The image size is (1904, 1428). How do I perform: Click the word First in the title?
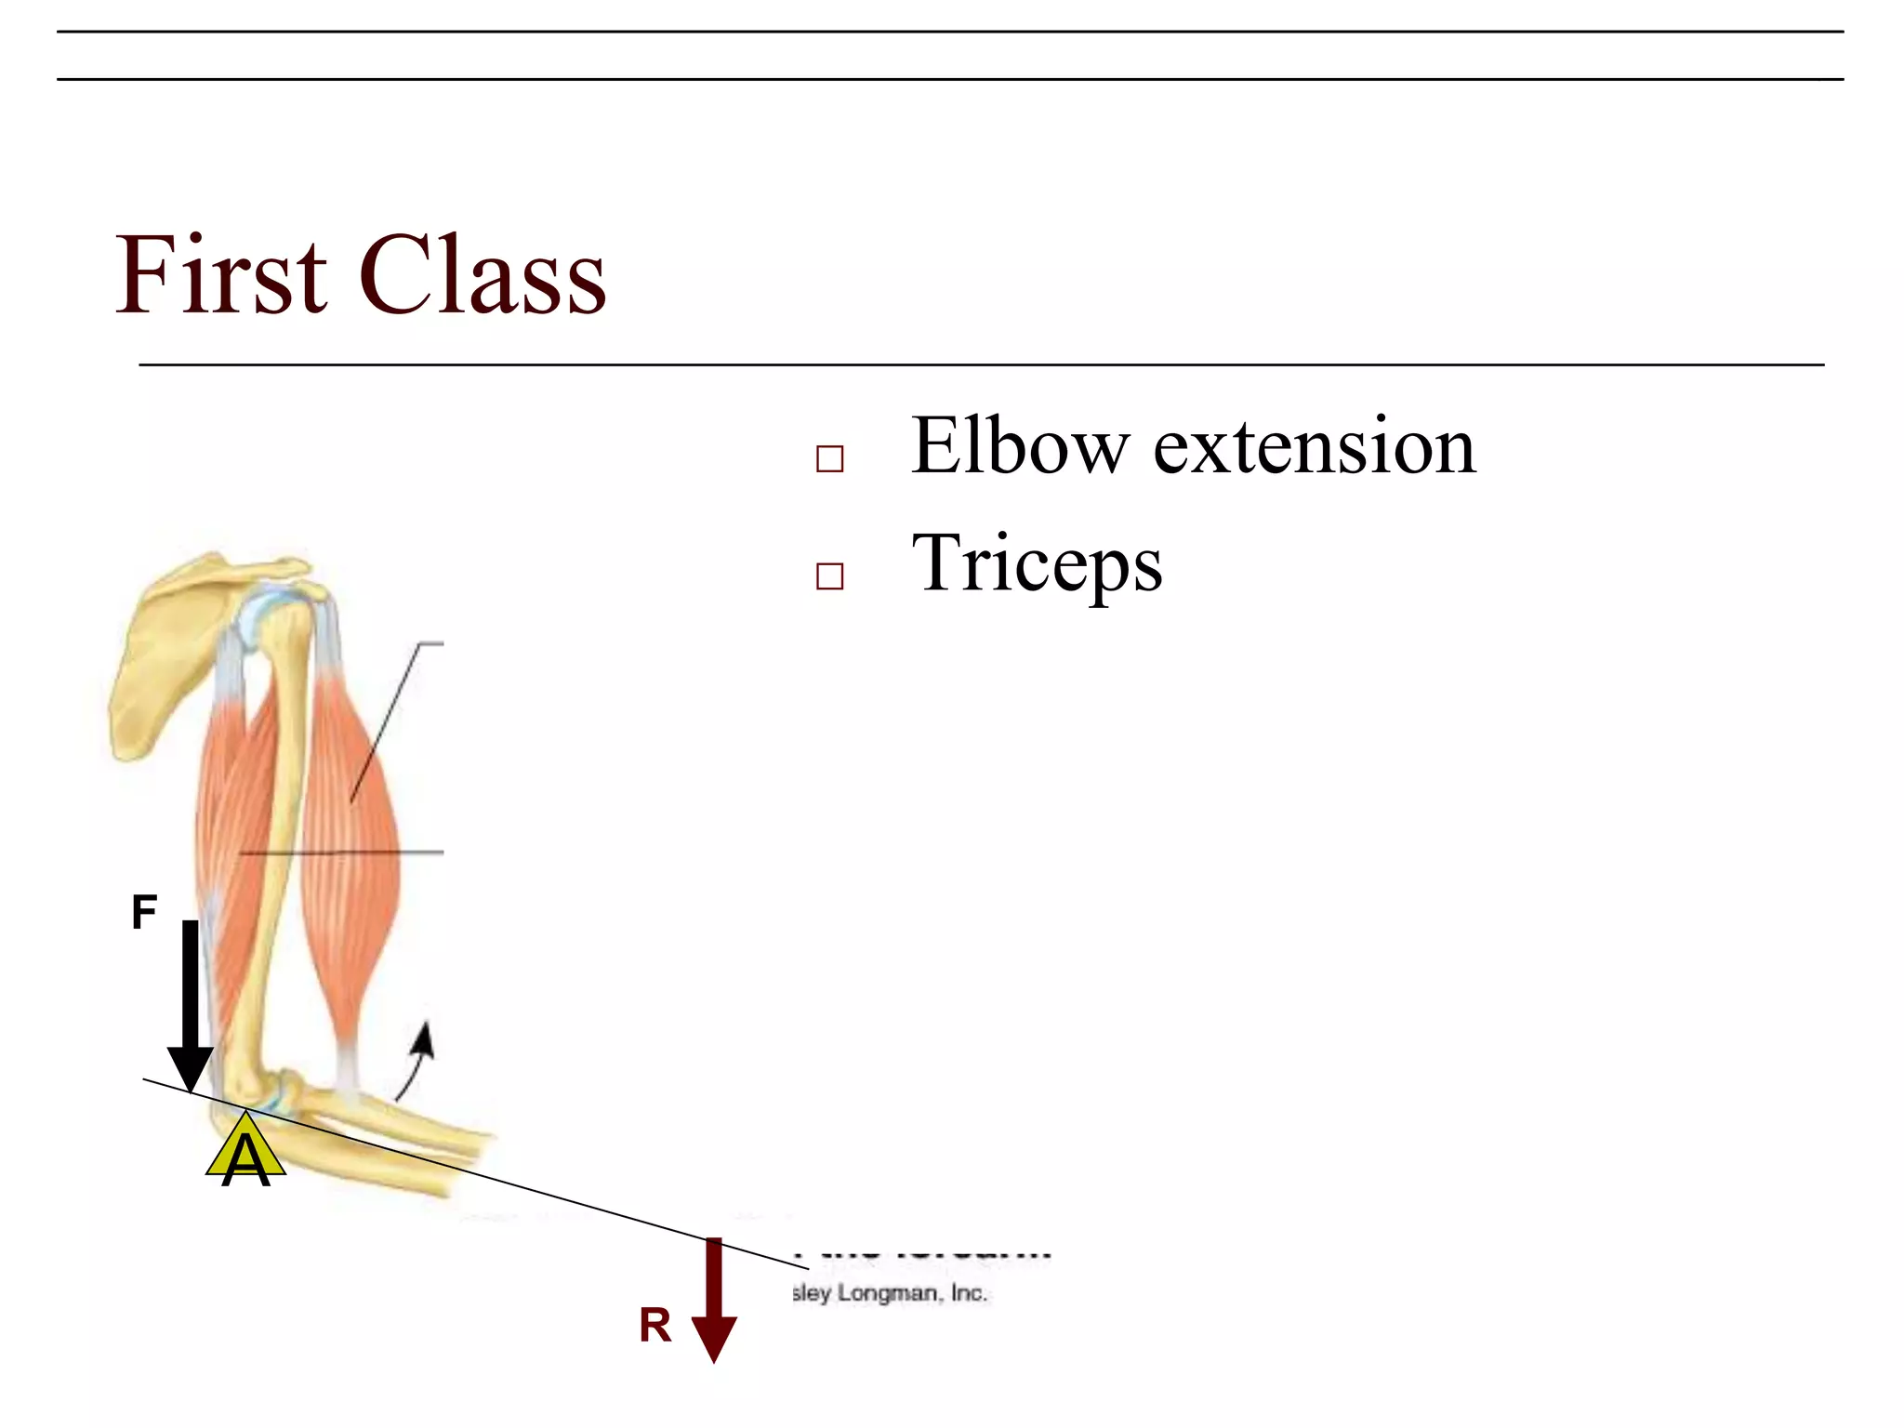[x=220, y=276]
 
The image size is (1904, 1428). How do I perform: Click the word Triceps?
[x=1036, y=565]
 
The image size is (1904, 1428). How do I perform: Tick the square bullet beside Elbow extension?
[x=829, y=459]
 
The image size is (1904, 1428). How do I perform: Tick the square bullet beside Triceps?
[x=829, y=576]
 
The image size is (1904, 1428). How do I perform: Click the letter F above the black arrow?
[x=144, y=912]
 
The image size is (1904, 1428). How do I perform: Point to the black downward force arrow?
[x=190, y=1004]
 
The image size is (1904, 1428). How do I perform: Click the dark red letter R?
[x=654, y=1326]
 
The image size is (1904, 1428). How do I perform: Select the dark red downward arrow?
[x=713, y=1302]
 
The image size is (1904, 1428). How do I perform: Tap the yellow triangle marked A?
[x=245, y=1153]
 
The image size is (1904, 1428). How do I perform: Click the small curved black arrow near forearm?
[x=416, y=1060]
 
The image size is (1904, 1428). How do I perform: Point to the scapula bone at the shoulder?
[x=163, y=651]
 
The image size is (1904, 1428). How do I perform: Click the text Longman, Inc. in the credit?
[x=911, y=1293]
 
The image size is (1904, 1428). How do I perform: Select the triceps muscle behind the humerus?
[x=223, y=818]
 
